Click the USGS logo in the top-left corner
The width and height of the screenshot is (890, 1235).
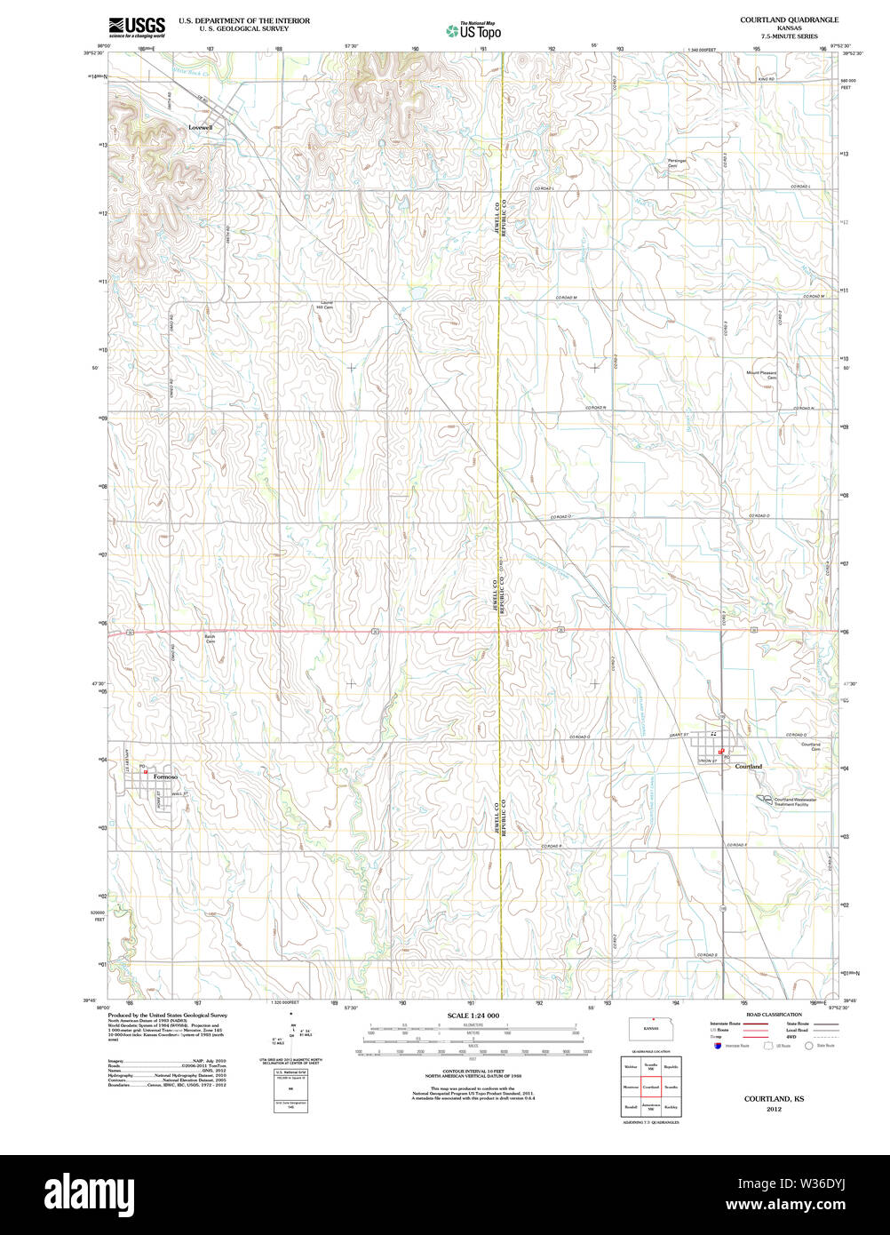point(137,27)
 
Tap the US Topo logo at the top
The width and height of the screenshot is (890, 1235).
point(473,30)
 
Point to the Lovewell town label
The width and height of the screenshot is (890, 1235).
point(201,127)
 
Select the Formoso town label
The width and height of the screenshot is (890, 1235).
point(166,777)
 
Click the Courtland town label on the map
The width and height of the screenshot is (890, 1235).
point(748,766)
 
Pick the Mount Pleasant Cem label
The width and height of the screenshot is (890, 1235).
point(761,375)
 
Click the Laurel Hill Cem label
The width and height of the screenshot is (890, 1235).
point(325,305)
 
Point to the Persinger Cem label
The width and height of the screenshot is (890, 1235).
point(678,163)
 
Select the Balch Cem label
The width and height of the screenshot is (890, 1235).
point(211,639)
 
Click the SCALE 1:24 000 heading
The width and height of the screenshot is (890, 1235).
point(473,1016)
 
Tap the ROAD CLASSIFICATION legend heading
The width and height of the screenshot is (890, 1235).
point(774,1014)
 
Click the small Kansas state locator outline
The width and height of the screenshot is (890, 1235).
point(652,1031)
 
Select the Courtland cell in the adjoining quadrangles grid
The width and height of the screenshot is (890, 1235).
point(651,1087)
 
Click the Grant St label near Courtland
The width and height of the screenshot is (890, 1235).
point(679,736)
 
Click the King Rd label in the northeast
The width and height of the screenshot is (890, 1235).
point(766,80)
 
